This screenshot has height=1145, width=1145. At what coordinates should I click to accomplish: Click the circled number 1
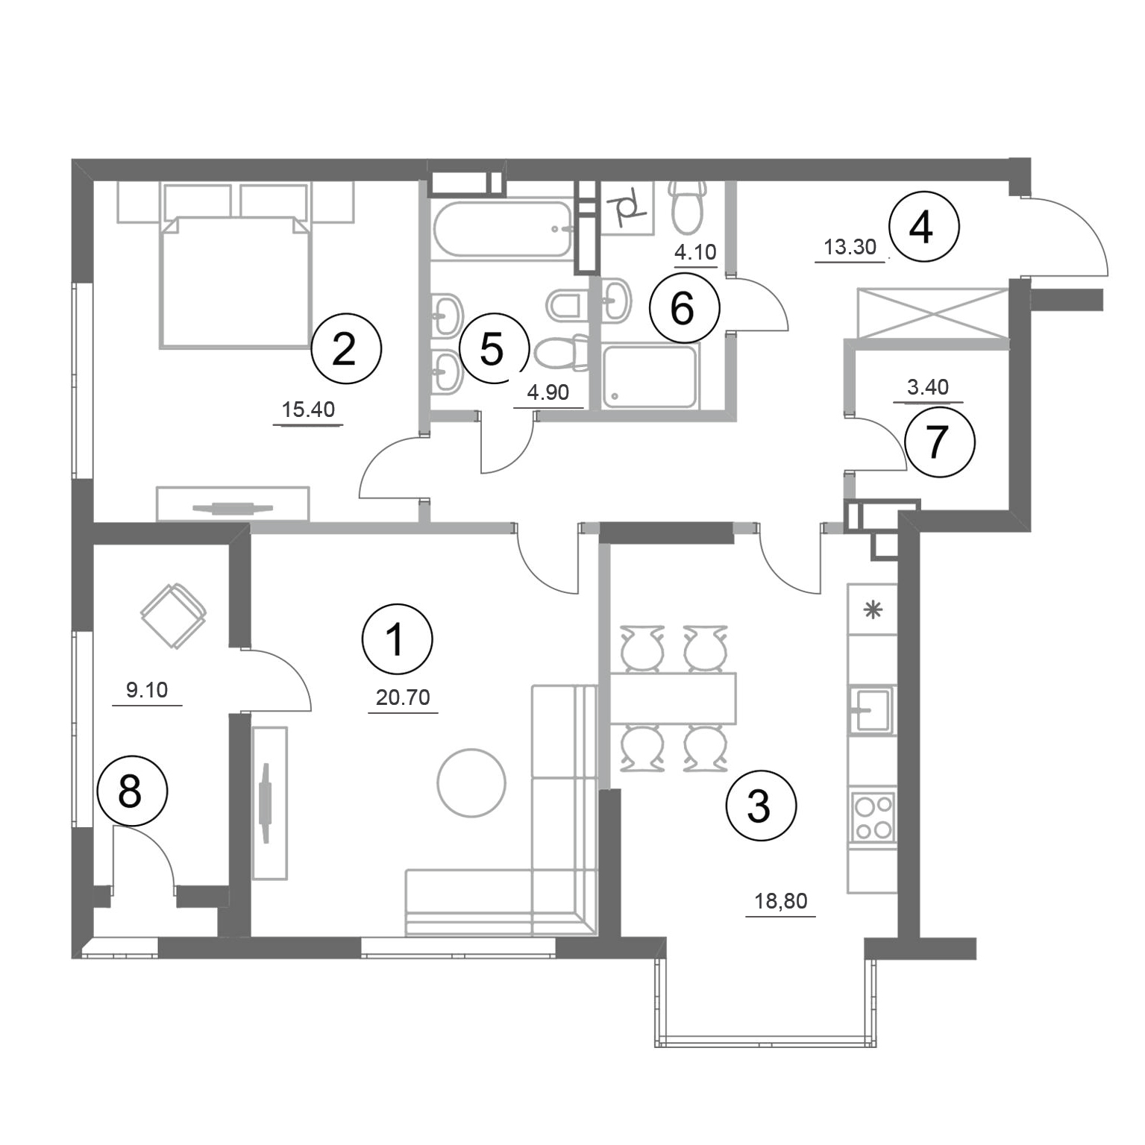click(x=397, y=639)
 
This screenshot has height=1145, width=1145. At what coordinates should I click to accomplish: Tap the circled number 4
click(x=922, y=228)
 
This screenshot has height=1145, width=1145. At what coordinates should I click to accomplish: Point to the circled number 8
click(x=131, y=791)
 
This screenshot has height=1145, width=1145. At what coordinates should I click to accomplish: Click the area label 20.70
click(x=403, y=697)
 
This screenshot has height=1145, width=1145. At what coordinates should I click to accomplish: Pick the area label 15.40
click(x=308, y=410)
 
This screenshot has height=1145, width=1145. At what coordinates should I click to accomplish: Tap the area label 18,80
click(x=780, y=901)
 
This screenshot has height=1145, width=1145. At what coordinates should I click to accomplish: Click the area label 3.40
click(x=927, y=387)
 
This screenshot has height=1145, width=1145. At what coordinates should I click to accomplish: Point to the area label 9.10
click(x=147, y=690)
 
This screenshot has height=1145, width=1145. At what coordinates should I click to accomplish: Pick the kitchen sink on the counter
click(x=870, y=709)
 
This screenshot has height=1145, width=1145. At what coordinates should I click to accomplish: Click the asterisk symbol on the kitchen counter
click(x=871, y=610)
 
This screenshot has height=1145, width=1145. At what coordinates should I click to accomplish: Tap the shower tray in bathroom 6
click(x=650, y=377)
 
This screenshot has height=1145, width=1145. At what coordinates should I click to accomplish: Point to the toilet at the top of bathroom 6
click(x=688, y=205)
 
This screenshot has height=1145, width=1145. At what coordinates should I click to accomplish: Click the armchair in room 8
click(x=174, y=616)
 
